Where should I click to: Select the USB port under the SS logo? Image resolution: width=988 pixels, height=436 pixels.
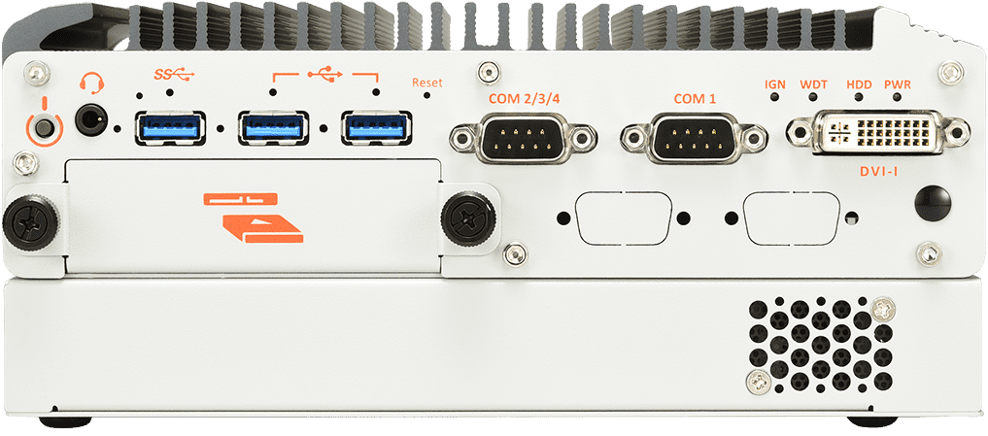point(171,127)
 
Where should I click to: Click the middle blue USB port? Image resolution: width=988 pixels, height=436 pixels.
point(275,127)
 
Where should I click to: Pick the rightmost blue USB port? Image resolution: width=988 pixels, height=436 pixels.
point(375,127)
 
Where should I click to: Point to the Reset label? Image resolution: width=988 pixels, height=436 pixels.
point(426,84)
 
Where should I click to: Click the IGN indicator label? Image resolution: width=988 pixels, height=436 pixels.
point(775,84)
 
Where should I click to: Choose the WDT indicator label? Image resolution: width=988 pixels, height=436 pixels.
point(814,84)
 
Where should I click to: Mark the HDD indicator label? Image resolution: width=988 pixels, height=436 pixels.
point(859,84)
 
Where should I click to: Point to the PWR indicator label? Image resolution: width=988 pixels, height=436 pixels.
point(899,84)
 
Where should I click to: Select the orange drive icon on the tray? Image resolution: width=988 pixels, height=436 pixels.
point(254,218)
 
